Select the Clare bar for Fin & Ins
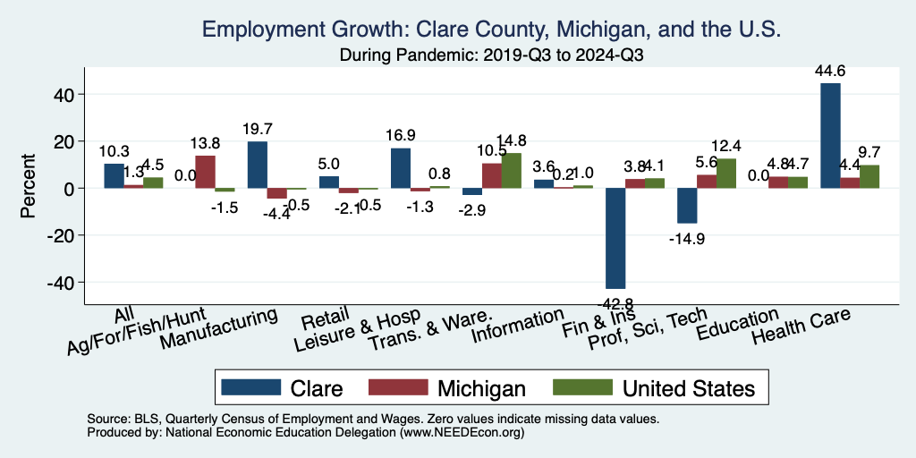[615, 238]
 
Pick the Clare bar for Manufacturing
[257, 165]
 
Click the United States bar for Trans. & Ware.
[511, 171]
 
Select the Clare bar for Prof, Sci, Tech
[687, 206]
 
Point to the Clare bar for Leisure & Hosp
[400, 168]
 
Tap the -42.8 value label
[615, 301]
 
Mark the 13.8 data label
[206, 142]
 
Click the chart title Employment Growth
[493, 30]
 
